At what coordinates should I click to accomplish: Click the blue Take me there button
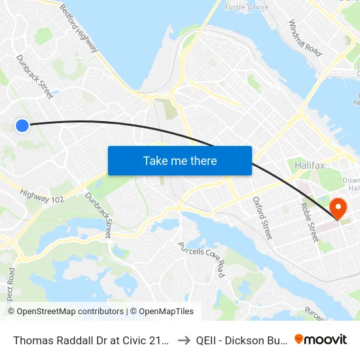(x=180, y=160)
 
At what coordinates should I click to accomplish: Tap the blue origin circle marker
(x=22, y=125)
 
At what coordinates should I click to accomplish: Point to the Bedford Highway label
(x=79, y=29)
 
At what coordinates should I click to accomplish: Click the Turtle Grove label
(x=246, y=7)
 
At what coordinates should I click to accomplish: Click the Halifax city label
(x=310, y=166)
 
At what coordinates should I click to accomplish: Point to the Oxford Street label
(x=262, y=217)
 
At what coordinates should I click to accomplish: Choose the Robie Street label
(x=309, y=221)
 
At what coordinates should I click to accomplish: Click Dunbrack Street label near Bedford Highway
(x=35, y=77)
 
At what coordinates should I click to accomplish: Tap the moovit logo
(x=321, y=339)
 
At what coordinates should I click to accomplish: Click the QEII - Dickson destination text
(x=241, y=340)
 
